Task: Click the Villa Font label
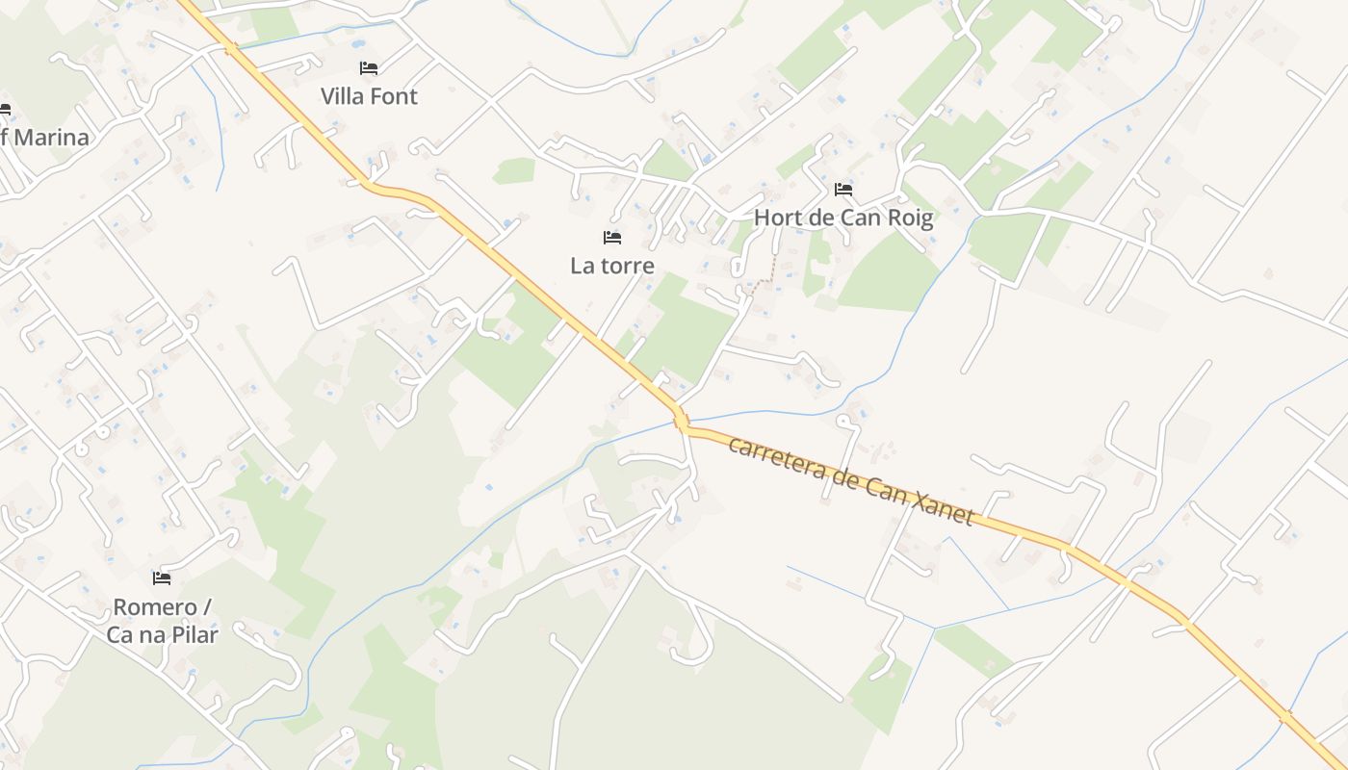point(369,96)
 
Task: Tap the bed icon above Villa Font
point(368,68)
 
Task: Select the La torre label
point(611,266)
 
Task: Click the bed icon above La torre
point(611,238)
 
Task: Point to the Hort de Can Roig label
point(843,218)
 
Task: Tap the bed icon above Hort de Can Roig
point(843,190)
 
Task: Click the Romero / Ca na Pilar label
point(162,621)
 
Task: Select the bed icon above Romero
point(162,578)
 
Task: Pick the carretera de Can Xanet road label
point(851,480)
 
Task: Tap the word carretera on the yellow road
point(776,459)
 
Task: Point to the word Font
point(397,96)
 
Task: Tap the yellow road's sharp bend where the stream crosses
point(682,421)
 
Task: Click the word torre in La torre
point(628,266)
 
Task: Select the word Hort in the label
point(776,218)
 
